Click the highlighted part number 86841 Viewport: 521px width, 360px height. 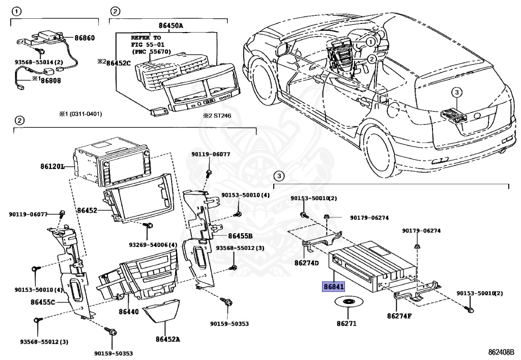(x=334, y=286)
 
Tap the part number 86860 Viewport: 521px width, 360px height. (x=84, y=38)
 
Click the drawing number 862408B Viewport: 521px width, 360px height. (x=503, y=352)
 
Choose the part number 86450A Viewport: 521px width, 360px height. (x=170, y=25)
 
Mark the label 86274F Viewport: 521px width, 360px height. (x=399, y=316)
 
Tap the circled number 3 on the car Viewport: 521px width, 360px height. (x=456, y=92)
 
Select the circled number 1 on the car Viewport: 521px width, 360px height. (x=370, y=42)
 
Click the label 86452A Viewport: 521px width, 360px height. (x=168, y=339)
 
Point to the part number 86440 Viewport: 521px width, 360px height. (x=129, y=312)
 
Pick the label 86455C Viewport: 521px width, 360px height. (x=43, y=302)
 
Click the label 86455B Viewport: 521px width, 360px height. (x=240, y=236)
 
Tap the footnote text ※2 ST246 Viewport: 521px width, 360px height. (x=217, y=116)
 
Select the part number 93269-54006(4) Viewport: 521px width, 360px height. (x=153, y=245)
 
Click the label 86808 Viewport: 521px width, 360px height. (x=51, y=80)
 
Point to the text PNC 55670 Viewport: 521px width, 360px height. (x=152, y=51)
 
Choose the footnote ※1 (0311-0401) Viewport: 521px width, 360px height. (x=81, y=114)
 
